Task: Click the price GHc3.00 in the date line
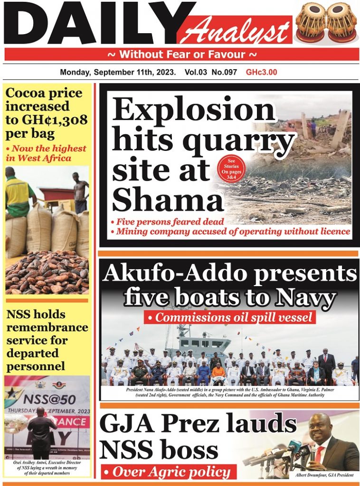click(x=261, y=73)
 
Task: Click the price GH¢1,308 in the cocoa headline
click(x=58, y=120)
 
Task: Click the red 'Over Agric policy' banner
click(x=168, y=471)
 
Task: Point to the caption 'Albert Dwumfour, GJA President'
click(x=324, y=474)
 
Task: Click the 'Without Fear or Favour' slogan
click(x=182, y=54)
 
